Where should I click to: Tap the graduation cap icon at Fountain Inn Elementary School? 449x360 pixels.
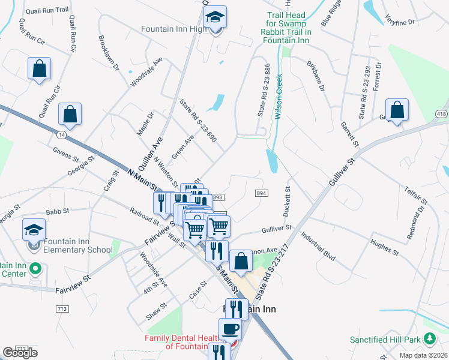pos(34,229)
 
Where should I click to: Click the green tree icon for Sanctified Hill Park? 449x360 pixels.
pos(429,339)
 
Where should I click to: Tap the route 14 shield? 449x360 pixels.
pos(62,136)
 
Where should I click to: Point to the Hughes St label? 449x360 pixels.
pos(385,246)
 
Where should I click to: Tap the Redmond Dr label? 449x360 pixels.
pos(415,223)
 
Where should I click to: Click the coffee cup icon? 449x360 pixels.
pos(229,329)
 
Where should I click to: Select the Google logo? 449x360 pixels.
pos(20,353)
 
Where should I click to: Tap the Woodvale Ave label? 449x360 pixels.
pos(146,72)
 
